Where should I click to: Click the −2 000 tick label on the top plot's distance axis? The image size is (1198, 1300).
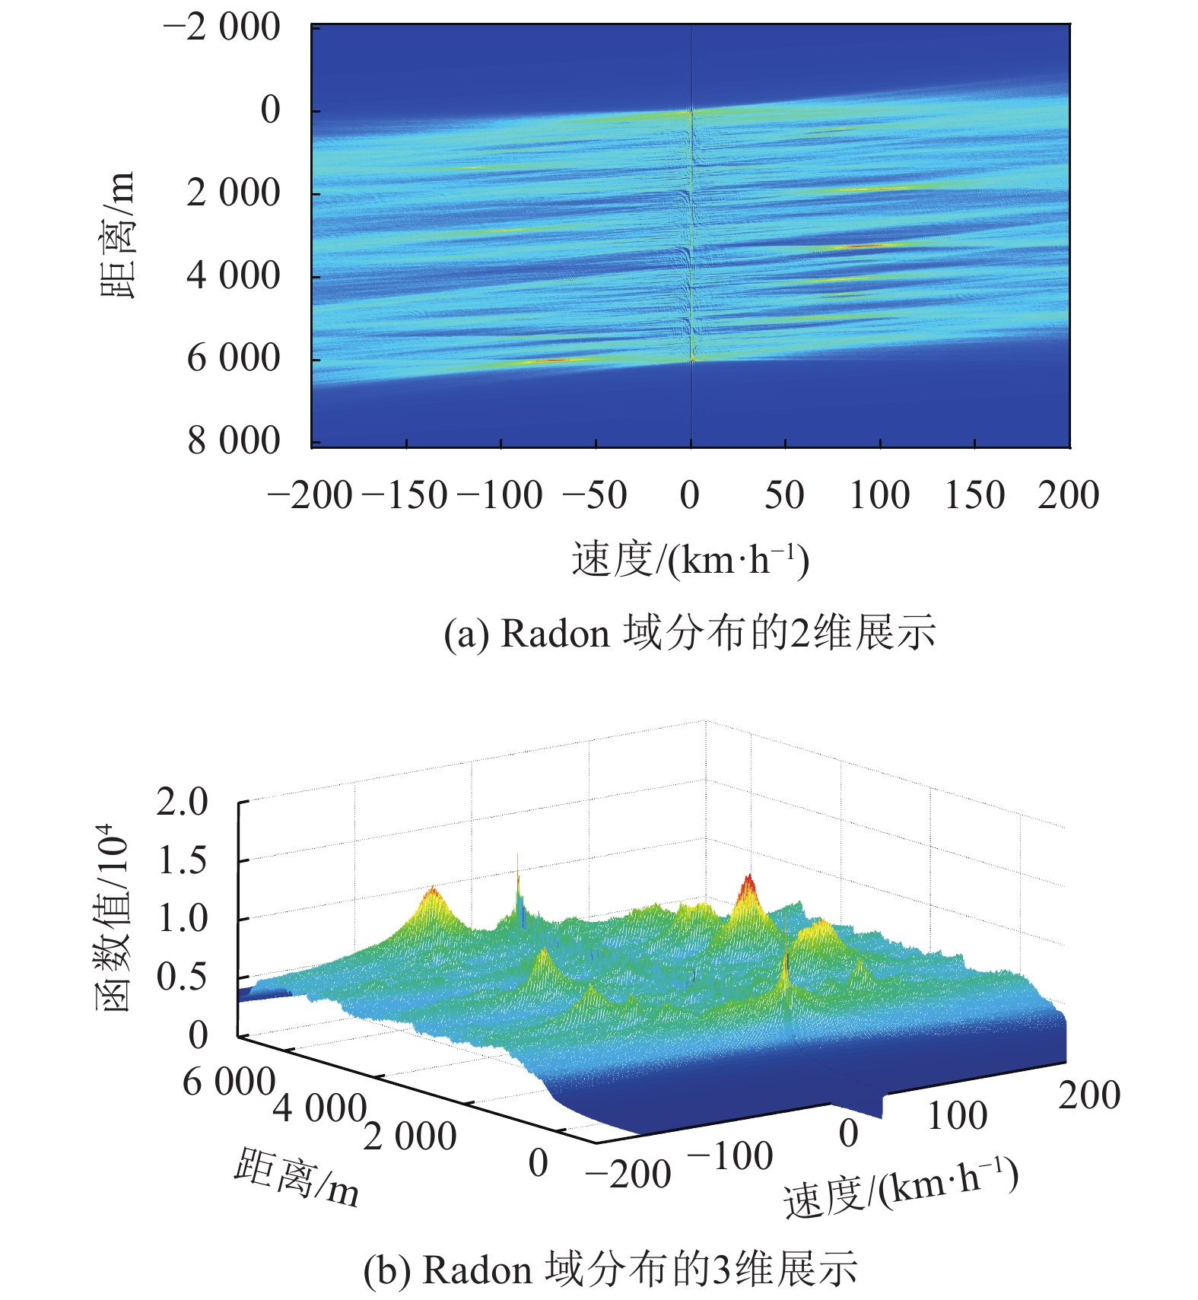pos(221,28)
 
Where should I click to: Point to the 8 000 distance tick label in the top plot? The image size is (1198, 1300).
pos(234,440)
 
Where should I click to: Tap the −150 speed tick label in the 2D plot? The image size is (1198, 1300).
pos(405,495)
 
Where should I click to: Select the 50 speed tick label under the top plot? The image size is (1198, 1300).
pos(784,495)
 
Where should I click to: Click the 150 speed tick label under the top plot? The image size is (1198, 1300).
pos(974,495)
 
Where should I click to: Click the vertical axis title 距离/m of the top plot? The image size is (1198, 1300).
pos(117,235)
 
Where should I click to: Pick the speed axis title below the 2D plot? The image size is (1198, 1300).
pos(690,561)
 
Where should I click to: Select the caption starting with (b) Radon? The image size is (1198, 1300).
pos(610,1269)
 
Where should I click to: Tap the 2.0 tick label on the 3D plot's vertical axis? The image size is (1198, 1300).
pos(183,802)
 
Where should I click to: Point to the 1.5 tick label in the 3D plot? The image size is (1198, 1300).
pos(183,860)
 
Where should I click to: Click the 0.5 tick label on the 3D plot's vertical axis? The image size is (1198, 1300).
pos(183,977)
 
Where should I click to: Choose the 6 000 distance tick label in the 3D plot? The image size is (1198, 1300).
pos(228,1081)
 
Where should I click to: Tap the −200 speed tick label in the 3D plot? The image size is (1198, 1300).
pos(628,1173)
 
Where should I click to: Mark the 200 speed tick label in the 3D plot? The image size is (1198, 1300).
pos(1089,1096)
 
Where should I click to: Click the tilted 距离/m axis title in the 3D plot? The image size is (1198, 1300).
pos(297,1177)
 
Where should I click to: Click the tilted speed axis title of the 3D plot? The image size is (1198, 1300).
pos(901,1187)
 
